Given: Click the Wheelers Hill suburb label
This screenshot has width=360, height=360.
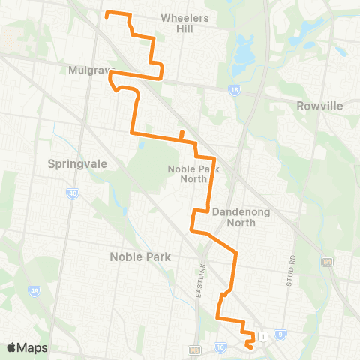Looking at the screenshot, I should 184,22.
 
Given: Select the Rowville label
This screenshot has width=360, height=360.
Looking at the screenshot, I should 319,106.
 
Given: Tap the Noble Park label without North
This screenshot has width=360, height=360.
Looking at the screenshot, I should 140,256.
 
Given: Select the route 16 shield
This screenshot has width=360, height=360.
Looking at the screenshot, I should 235,89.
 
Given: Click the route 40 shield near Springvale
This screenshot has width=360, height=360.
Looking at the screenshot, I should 73,193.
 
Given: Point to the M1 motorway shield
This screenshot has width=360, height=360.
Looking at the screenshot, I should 328,261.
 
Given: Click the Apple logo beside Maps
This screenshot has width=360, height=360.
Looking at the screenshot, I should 12,347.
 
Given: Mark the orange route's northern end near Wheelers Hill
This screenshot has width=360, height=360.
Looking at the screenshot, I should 106,13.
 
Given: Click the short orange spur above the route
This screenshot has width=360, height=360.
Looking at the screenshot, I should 181,133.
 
